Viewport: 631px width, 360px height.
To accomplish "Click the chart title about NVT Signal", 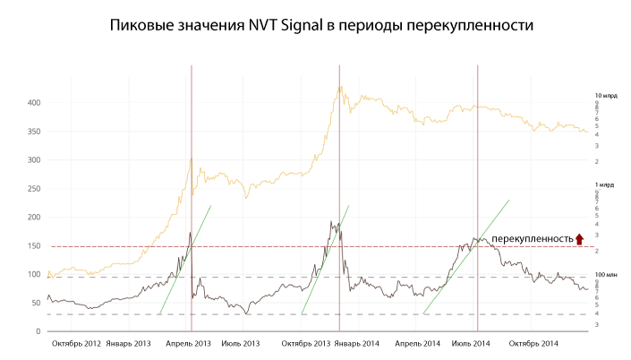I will click(320, 27).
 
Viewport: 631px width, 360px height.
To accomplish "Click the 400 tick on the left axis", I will click(34, 103).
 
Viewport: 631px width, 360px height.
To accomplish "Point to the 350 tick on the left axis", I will click(34, 132).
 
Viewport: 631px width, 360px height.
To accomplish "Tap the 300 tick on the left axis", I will click(34, 160).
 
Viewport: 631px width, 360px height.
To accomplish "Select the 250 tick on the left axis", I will click(34, 189).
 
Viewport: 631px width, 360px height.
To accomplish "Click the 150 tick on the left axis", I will click(34, 246).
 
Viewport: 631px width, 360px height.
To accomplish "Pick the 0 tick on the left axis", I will click(38, 332).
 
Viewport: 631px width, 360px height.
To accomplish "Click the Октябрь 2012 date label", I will click(75, 344).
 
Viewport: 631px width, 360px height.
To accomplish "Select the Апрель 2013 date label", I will click(188, 344).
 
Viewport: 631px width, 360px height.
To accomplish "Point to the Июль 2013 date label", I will click(240, 344).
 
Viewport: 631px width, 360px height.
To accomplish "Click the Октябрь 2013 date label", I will click(305, 344).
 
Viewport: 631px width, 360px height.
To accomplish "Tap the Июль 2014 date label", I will click(472, 344).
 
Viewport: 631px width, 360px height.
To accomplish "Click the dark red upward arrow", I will click(579, 238).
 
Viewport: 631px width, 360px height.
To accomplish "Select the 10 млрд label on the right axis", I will click(606, 96).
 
